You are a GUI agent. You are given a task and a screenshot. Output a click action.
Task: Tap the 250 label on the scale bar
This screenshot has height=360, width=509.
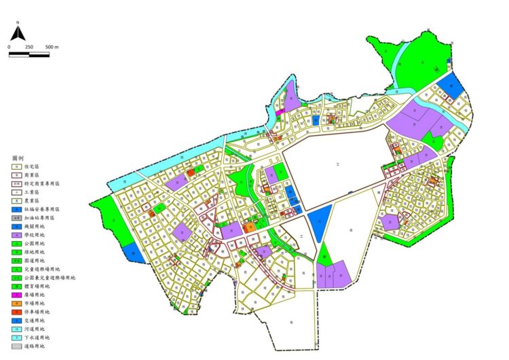tap(29, 47)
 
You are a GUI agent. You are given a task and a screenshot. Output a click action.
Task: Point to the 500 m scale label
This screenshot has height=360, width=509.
tap(52, 47)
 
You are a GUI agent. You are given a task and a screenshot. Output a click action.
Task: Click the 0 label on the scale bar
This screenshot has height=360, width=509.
tap(10, 47)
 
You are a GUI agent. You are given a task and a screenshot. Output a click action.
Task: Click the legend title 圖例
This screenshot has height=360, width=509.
tap(18, 158)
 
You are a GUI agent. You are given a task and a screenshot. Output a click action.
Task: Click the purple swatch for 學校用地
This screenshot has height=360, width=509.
tap(16, 235)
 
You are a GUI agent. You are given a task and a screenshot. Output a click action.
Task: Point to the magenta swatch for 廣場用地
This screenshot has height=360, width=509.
tap(16, 295)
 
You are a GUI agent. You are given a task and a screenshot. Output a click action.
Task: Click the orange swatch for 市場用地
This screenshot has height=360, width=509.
tap(16, 303)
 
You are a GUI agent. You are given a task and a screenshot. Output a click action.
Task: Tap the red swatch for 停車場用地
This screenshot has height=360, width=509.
tap(16, 312)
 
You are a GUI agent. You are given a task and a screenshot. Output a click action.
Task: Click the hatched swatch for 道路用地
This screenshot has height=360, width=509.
tap(16, 346)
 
